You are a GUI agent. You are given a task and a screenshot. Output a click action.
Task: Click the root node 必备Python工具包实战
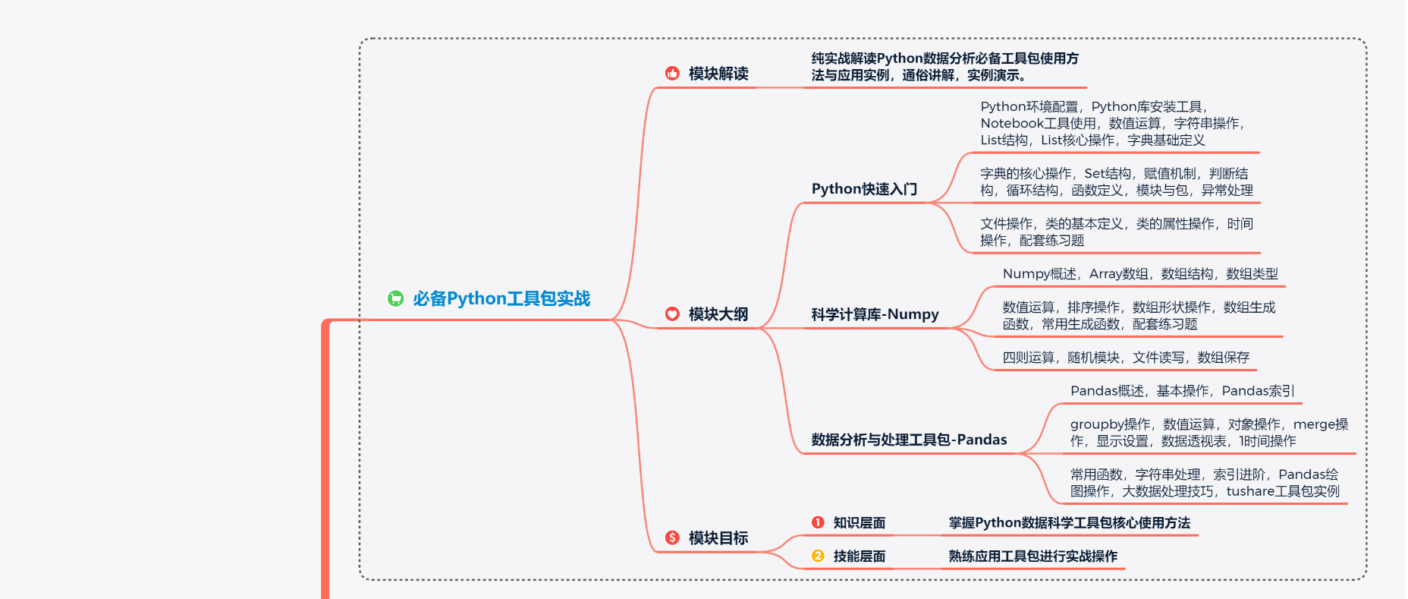point(501,299)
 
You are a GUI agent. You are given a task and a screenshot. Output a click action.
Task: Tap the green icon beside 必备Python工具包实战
point(395,299)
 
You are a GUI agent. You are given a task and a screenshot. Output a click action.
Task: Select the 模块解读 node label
point(718,74)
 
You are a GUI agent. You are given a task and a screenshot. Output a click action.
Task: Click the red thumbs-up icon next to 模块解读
point(672,73)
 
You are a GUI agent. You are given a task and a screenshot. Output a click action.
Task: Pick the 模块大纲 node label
point(718,314)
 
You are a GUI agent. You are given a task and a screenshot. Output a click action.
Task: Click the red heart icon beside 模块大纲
point(672,314)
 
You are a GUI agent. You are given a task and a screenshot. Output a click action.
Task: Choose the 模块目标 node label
point(718,538)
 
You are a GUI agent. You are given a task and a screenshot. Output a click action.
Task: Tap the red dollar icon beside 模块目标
point(672,538)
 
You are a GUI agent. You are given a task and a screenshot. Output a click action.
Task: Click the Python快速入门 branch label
point(864,189)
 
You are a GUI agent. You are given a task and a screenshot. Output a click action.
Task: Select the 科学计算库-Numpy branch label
point(875,314)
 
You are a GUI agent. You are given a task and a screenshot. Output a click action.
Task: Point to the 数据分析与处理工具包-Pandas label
point(909,440)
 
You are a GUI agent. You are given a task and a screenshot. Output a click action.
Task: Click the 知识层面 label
point(860,523)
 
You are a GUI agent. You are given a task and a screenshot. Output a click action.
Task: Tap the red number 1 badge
point(818,522)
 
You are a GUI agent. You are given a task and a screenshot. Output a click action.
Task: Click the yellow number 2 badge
point(818,556)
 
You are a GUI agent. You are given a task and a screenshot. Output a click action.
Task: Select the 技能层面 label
point(860,556)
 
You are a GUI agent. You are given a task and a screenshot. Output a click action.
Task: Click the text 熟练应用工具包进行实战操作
point(1032,556)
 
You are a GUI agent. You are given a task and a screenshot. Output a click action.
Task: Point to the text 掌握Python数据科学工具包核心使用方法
point(1069,523)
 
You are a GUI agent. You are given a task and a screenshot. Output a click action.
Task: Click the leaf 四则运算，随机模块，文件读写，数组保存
point(1126,358)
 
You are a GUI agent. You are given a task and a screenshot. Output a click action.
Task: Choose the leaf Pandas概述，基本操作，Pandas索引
point(1182,391)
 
